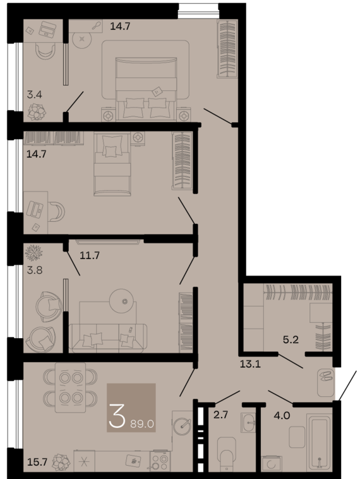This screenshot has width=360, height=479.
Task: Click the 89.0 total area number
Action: (x=142, y=424)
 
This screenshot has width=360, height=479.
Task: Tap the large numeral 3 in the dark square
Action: (x=117, y=415)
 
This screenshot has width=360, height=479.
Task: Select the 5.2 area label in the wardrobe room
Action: (x=291, y=339)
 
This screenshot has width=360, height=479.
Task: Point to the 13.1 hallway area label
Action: (x=250, y=364)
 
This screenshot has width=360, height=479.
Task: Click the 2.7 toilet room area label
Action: (x=220, y=415)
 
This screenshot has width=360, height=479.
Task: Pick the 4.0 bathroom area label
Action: (x=282, y=415)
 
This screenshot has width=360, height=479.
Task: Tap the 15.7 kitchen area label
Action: (x=37, y=461)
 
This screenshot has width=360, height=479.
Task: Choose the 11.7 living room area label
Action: (x=90, y=255)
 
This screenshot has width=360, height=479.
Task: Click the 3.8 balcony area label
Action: (x=35, y=270)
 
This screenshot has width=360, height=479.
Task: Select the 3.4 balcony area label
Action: (x=35, y=94)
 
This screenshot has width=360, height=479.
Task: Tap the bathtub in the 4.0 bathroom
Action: (x=319, y=442)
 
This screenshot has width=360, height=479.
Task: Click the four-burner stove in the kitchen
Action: (x=160, y=461)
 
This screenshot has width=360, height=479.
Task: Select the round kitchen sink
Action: (x=182, y=426)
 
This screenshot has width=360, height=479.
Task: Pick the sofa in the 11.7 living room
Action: (x=108, y=337)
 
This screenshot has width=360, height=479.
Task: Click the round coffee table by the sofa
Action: (x=121, y=301)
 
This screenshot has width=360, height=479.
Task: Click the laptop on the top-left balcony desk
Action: (x=47, y=29)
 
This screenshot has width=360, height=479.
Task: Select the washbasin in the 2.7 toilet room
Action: (x=248, y=423)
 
